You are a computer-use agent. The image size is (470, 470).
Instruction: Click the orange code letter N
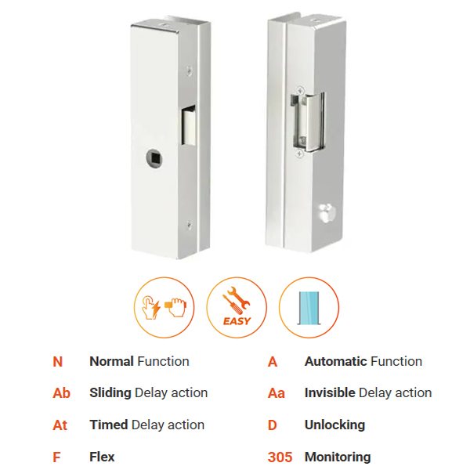click(x=57, y=362)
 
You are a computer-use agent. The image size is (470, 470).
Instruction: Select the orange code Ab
click(x=61, y=393)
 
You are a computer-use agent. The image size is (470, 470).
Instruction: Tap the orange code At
click(x=60, y=425)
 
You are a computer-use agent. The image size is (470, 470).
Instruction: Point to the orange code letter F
click(x=56, y=457)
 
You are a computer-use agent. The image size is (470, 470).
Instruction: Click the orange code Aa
click(x=277, y=393)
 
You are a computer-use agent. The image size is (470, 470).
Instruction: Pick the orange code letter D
click(x=272, y=425)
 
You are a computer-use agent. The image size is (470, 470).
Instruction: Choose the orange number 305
click(x=280, y=457)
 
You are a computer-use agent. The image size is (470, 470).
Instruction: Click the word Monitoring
click(x=338, y=457)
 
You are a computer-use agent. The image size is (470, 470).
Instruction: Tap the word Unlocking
click(x=334, y=425)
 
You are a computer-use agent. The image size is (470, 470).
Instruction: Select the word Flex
click(x=102, y=457)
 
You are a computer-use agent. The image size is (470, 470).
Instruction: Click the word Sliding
click(x=110, y=393)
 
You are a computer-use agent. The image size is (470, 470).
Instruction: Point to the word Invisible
click(x=330, y=392)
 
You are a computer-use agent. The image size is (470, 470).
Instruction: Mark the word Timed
click(x=109, y=425)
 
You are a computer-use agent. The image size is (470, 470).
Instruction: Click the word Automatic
click(x=336, y=361)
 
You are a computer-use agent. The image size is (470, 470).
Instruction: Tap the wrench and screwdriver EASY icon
click(x=237, y=308)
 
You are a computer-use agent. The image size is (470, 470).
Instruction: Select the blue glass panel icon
click(x=309, y=308)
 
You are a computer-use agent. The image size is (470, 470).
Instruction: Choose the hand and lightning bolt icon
click(x=164, y=308)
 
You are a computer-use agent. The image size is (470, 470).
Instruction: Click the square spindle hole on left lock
click(x=154, y=157)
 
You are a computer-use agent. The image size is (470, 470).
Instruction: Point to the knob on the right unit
click(x=326, y=212)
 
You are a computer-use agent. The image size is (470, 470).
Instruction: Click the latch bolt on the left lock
click(x=190, y=125)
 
